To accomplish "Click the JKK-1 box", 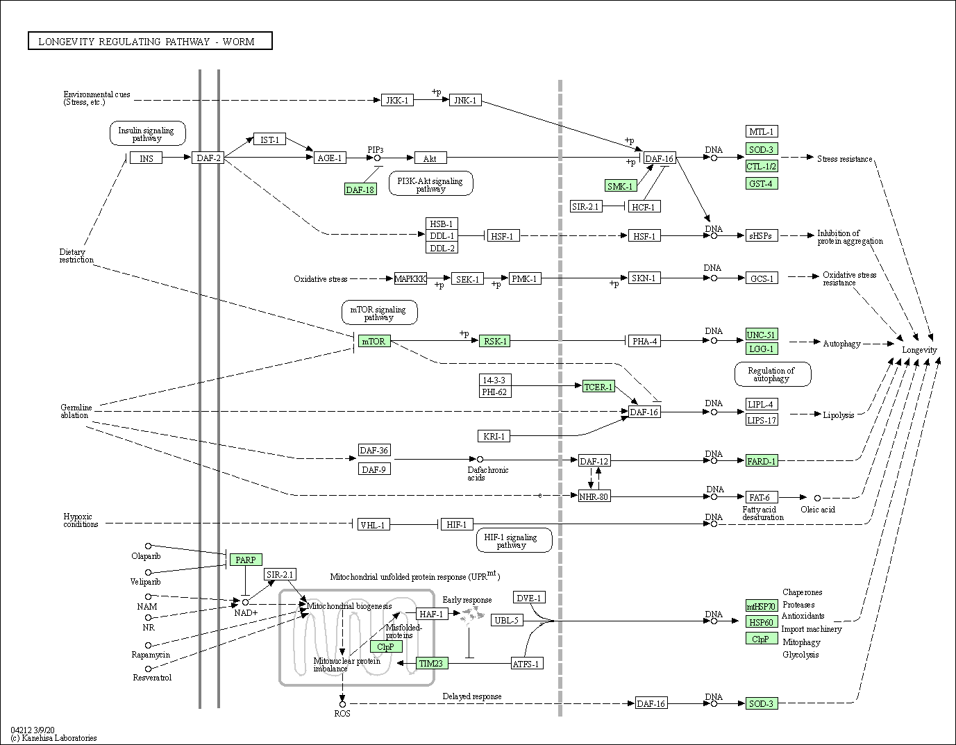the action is (397, 100).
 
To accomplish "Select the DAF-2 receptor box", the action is (208, 158).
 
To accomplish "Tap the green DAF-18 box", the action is (360, 190).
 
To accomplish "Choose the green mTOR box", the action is (374, 341).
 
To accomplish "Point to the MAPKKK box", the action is (410, 278).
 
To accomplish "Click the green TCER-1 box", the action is (598, 387).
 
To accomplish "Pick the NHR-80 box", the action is (594, 496).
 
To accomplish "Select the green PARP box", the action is (246, 560).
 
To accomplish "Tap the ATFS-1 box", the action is (527, 664).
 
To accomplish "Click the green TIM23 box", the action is (432, 663).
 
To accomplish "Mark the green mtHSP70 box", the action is (762, 606).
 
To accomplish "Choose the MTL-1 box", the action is (762, 131).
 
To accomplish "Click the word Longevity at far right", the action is (919, 350).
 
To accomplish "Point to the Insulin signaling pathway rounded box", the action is (147, 134).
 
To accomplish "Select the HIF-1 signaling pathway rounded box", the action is (514, 540).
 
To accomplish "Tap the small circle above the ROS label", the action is (342, 704).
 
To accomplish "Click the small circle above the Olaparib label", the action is (149, 546).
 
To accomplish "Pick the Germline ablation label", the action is (76, 411).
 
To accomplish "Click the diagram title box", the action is (150, 41).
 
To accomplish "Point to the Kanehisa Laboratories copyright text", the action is (53, 738).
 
